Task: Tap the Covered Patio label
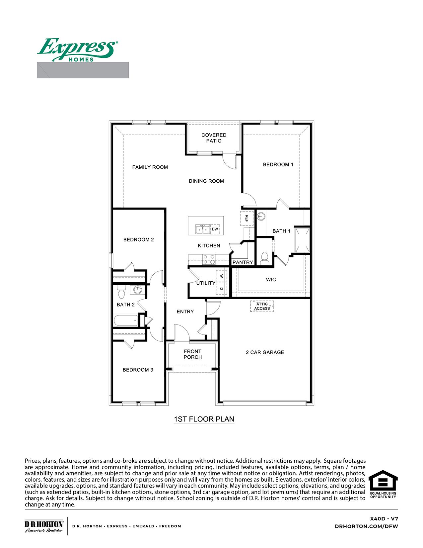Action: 214,138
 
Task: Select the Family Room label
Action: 150,167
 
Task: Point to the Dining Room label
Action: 206,181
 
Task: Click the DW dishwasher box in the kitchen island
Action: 215,229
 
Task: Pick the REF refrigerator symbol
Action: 247,218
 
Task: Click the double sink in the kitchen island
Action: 202,229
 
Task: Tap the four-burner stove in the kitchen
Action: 209,259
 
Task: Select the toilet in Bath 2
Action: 121,292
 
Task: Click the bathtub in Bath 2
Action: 126,321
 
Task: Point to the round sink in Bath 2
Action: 137,290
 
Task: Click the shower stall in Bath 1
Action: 303,240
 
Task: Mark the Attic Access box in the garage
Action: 262,306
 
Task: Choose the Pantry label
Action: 243,262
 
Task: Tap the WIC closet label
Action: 271,280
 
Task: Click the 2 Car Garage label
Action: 265,352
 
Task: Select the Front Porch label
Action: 192,354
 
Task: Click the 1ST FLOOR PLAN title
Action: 204,419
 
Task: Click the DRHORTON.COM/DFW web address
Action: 366,526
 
